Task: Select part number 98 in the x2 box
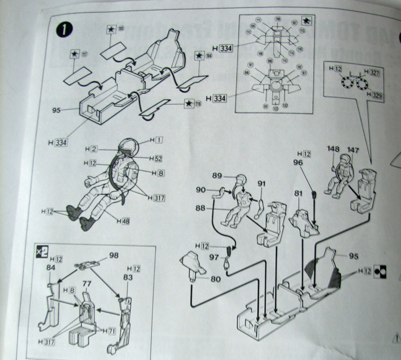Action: [x=113, y=255]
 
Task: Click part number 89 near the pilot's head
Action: [x=218, y=175]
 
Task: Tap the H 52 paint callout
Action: [x=156, y=159]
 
